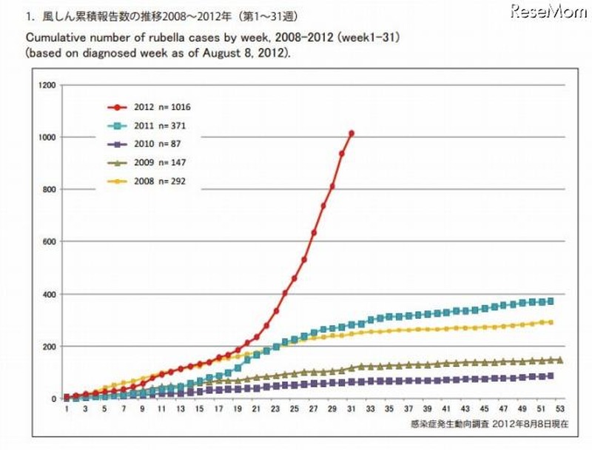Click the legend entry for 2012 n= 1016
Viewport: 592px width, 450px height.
coord(158,107)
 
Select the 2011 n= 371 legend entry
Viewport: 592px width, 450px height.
coord(156,126)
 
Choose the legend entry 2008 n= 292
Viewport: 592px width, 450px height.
coord(156,183)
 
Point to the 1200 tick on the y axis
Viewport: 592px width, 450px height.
coord(47,85)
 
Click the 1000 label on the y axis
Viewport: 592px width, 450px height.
coord(47,138)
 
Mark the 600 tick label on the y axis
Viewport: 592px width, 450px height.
coord(49,242)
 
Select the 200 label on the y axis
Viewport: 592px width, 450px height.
coord(49,346)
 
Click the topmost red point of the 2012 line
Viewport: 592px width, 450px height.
coord(351,133)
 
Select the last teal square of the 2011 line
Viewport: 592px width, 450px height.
coord(550,301)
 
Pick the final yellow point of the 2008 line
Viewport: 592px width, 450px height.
coord(550,322)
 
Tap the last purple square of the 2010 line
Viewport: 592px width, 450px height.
coord(550,376)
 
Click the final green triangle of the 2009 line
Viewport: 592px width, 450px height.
coord(559,360)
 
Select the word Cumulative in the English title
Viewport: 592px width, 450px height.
coord(55,36)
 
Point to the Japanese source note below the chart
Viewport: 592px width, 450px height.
coord(489,425)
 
